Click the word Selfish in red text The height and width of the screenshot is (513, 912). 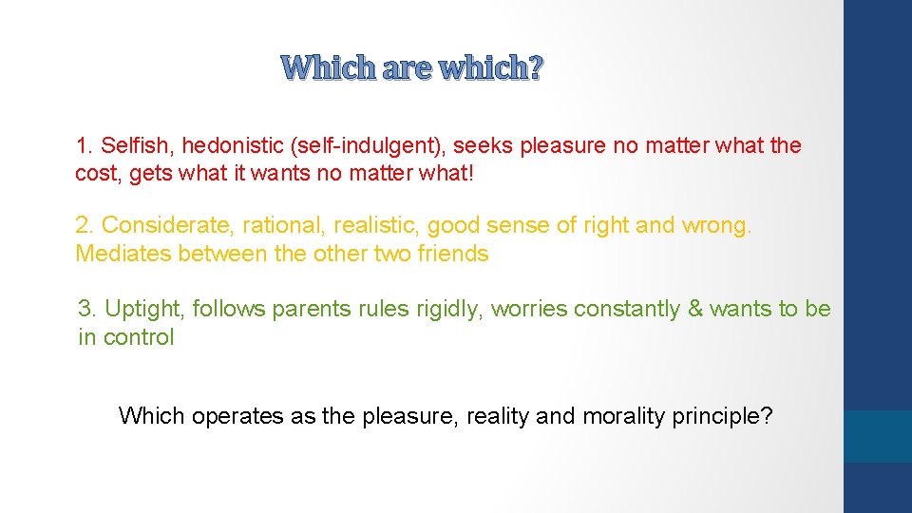134,146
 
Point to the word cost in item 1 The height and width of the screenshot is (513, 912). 95,174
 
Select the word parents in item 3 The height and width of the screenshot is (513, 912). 307,310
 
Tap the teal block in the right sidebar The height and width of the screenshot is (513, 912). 878,436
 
